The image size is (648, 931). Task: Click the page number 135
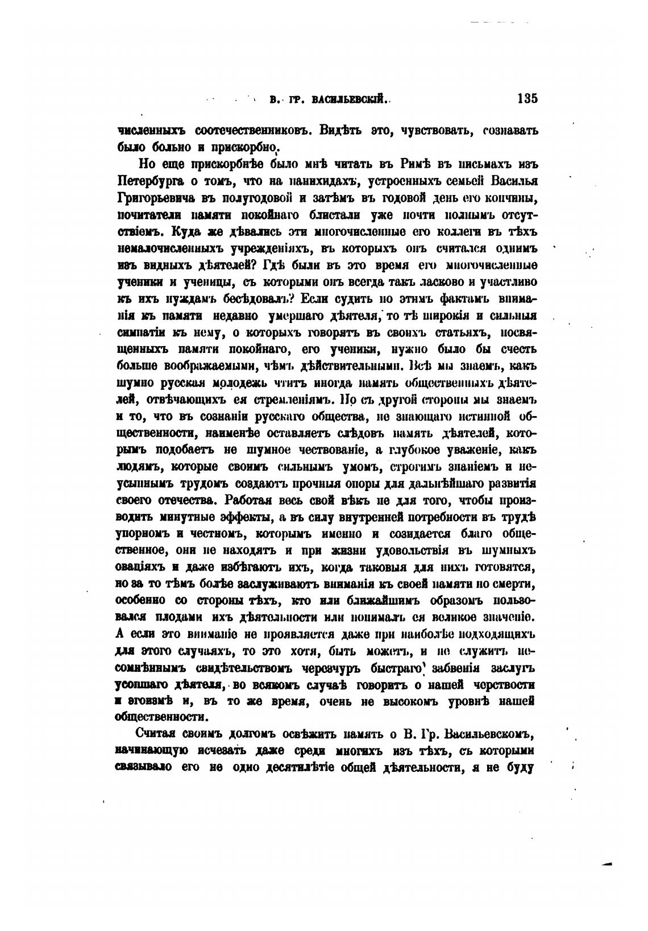tap(527, 98)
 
